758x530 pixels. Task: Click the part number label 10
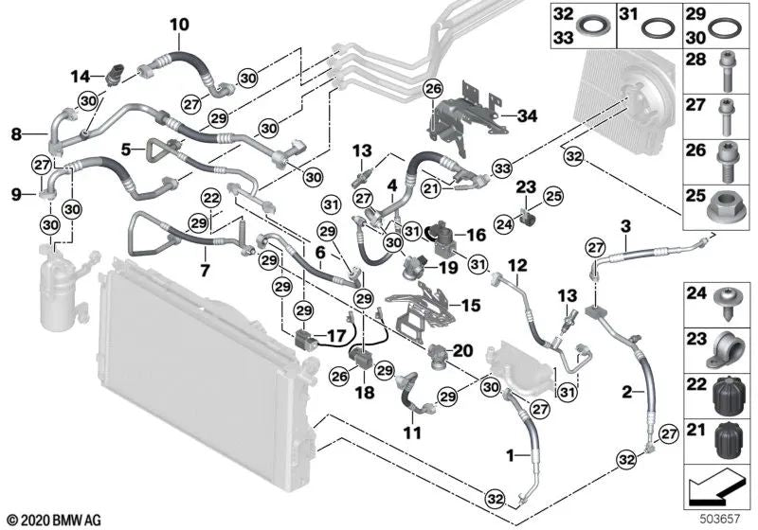[179, 24]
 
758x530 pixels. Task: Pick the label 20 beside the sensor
[462, 350]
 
